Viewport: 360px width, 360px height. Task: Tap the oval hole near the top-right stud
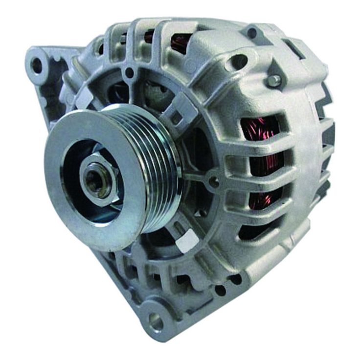pyautogui.click(x=239, y=62)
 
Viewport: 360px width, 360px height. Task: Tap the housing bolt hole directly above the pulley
pyautogui.click(x=129, y=74)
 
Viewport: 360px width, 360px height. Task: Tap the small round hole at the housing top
pyautogui.click(x=252, y=33)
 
